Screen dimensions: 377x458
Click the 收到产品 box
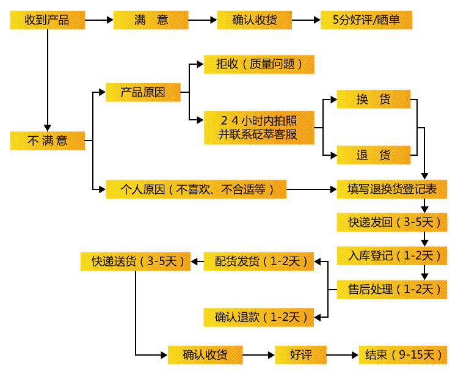click(47, 20)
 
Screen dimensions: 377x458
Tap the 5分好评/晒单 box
click(366, 20)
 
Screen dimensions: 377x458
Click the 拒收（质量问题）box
click(259, 64)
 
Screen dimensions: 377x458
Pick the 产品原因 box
click(144, 93)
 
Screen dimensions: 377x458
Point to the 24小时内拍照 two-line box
click(259, 128)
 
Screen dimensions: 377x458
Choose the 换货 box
click(374, 100)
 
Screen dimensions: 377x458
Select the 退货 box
click(374, 155)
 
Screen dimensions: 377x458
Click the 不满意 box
click(47, 141)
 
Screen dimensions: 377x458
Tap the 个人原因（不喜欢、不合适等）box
click(196, 189)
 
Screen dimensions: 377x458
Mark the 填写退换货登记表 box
click(392, 189)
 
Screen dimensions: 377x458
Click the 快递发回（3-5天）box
click(392, 222)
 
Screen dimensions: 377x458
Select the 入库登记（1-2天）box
click(392, 255)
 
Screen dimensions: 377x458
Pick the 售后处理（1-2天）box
click(392, 289)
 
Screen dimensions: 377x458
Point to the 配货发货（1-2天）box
click(258, 262)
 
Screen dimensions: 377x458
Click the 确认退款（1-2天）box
click(258, 317)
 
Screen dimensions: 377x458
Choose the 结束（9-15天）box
click(403, 354)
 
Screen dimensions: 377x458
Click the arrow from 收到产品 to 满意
click(98, 20)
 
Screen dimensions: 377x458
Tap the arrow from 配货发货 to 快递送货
click(197, 262)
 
